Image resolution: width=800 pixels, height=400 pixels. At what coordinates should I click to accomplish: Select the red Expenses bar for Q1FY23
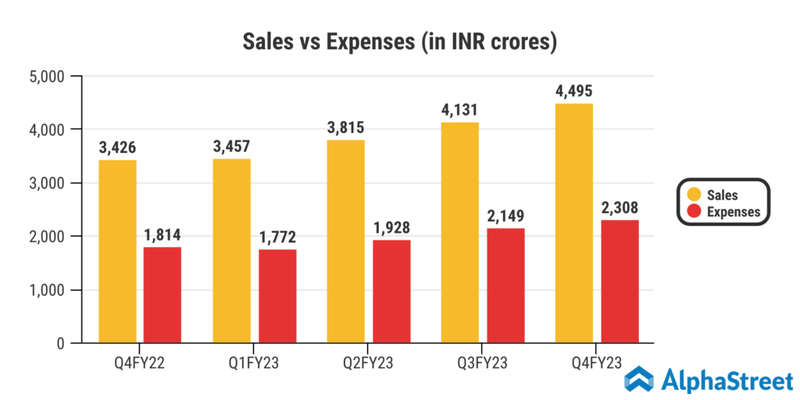pos(277,296)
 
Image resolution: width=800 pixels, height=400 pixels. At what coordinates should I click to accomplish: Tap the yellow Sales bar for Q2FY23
pos(345,241)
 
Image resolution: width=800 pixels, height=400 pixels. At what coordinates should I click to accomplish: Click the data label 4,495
pos(574,91)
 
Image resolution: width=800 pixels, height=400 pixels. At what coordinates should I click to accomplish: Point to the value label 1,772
pos(277,237)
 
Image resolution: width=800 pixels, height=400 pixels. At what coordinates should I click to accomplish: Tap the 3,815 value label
pos(346,127)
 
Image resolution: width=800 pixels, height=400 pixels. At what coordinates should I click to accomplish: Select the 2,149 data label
pos(505,215)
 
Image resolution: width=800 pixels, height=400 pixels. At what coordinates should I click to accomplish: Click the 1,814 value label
pos(163,234)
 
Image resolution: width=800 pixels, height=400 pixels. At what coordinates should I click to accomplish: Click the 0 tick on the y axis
pos(61,344)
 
